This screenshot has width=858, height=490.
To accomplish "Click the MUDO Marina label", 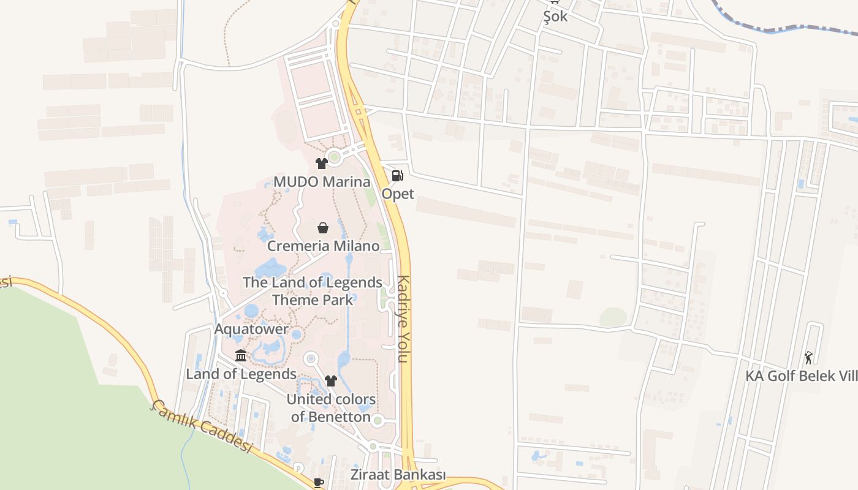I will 322,182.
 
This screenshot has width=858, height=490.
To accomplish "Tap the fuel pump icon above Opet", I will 397,176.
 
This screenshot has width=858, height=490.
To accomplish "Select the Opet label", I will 398,194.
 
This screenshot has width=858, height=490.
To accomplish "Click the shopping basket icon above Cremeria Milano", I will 323,228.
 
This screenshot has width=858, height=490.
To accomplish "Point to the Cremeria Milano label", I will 323,246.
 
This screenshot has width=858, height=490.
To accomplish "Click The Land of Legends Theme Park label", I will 313,291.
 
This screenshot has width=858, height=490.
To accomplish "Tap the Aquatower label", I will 251,329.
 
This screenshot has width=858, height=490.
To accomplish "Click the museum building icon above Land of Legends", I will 241,356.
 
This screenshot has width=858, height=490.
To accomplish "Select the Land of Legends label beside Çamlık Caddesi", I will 241,374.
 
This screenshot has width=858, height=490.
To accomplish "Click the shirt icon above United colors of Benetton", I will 331,381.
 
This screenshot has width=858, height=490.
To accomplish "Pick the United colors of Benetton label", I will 331,408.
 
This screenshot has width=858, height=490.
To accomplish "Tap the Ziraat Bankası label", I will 398,475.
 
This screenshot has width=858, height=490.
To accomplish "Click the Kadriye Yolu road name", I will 403,318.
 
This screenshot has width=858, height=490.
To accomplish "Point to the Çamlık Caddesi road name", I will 202,426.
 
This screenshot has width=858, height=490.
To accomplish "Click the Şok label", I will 555,17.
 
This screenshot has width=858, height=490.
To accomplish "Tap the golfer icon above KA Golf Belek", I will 809,357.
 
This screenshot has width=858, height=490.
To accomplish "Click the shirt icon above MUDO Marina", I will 321,164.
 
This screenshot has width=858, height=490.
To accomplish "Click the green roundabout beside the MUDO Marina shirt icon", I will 334,157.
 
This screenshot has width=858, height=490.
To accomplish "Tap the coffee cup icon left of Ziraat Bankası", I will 318,483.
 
